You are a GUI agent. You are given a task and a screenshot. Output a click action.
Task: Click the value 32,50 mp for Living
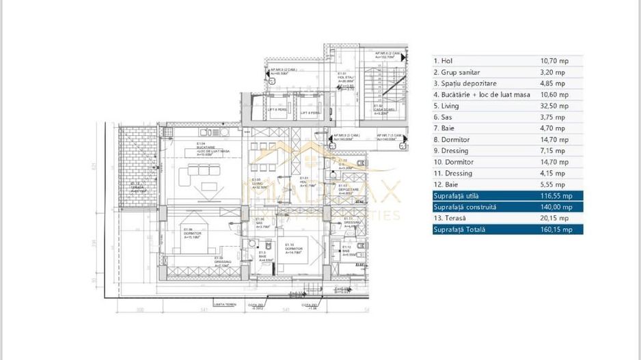click(554, 106)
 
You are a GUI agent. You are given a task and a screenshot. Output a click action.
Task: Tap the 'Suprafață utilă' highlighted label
click(456, 195)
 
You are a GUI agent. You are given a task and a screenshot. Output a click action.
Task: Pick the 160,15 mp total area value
click(557, 230)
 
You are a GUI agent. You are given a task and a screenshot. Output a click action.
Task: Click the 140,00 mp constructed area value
click(557, 207)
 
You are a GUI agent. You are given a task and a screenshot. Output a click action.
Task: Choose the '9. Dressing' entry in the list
click(451, 151)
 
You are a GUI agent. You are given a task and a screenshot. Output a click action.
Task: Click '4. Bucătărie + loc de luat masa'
click(482, 95)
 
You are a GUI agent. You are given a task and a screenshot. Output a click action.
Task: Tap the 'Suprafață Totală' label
click(458, 230)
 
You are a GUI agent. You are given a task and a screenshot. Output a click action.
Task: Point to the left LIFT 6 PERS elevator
click(277, 110)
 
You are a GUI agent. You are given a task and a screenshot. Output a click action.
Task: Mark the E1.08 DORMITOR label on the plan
click(192, 234)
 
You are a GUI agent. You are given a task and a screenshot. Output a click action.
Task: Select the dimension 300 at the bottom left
click(139, 310)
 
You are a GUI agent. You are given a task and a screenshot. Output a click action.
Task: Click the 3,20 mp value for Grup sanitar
click(552, 72)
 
